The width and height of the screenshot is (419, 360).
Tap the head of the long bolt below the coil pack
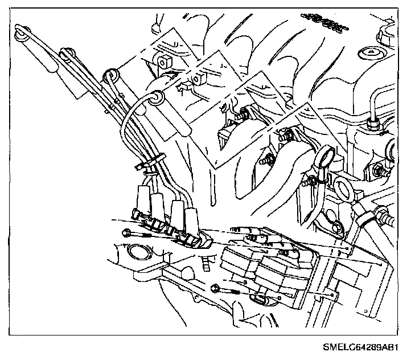click(x=215, y=288)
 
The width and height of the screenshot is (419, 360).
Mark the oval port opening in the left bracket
click(x=136, y=253)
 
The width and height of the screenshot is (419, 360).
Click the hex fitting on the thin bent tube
click(x=373, y=122)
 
